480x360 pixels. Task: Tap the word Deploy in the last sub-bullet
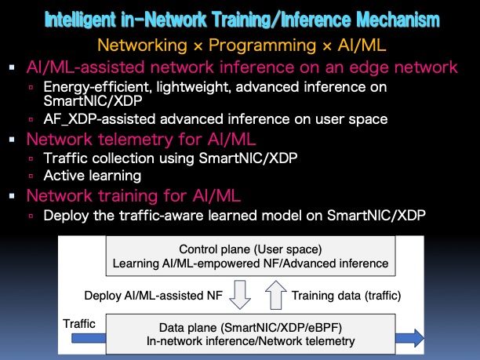click(63, 214)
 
